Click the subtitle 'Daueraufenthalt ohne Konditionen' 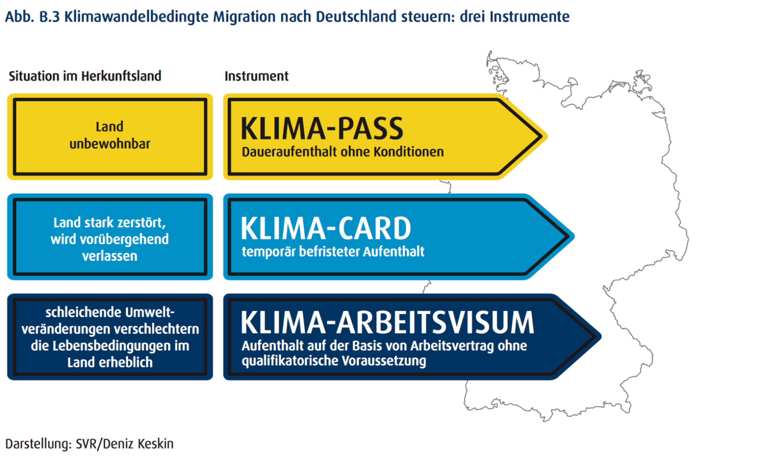(343, 152)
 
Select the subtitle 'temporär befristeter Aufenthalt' (333, 252)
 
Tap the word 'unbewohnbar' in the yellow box (110, 144)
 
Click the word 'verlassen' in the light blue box (110, 256)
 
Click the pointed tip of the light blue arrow (574, 237)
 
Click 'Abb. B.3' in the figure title (32, 17)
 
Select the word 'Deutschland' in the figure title (356, 17)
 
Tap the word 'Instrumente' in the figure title (529, 17)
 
